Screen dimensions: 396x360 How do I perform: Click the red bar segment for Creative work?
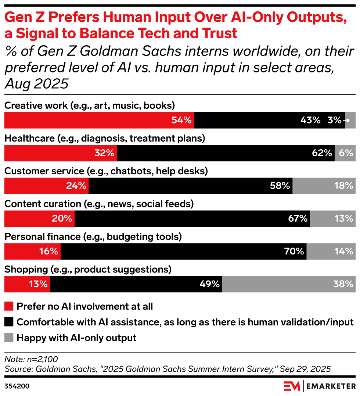(x=99, y=120)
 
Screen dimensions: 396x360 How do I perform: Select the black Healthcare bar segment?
(x=226, y=153)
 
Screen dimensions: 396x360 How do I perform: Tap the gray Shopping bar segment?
(x=289, y=284)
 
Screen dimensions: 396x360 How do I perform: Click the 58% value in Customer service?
(x=280, y=186)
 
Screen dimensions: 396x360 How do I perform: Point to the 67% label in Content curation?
(x=298, y=218)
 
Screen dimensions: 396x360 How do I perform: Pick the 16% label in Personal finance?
(x=48, y=251)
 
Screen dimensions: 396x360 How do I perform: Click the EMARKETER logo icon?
(x=292, y=386)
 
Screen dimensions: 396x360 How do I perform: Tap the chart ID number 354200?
(x=17, y=386)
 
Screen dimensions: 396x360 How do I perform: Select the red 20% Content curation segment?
(x=39, y=218)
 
